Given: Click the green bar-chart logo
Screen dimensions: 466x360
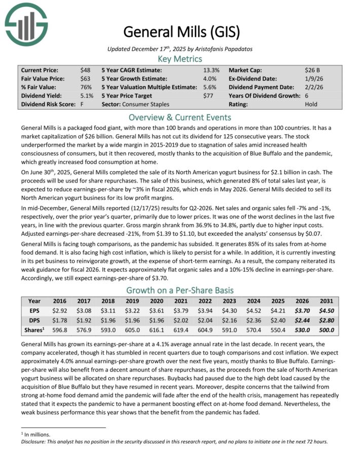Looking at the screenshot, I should pos(26,26).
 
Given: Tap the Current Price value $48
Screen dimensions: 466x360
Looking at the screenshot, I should pos(85,70).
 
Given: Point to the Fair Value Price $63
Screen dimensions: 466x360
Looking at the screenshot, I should pos(85,79).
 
